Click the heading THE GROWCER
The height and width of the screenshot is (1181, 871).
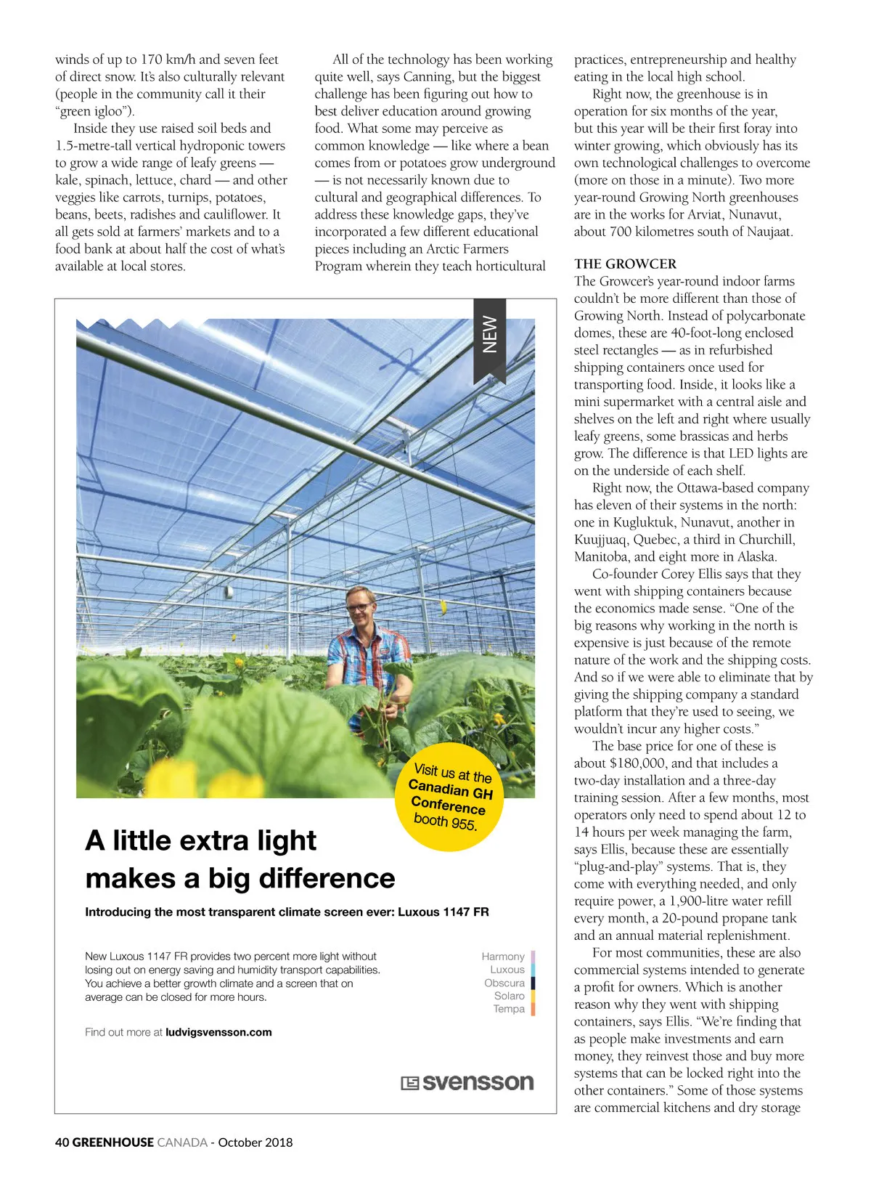625,264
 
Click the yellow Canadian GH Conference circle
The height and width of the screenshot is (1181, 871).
449,797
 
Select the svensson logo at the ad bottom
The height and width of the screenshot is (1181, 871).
467,1082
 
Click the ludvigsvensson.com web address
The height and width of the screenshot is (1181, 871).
218,1032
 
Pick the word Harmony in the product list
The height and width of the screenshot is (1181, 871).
502,957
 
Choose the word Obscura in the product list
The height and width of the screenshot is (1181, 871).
504,983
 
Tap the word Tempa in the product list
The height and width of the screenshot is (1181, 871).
508,1009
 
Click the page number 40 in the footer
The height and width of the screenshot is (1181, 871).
62,1143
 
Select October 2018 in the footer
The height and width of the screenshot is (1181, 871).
255,1143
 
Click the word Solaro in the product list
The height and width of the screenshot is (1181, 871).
509,996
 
